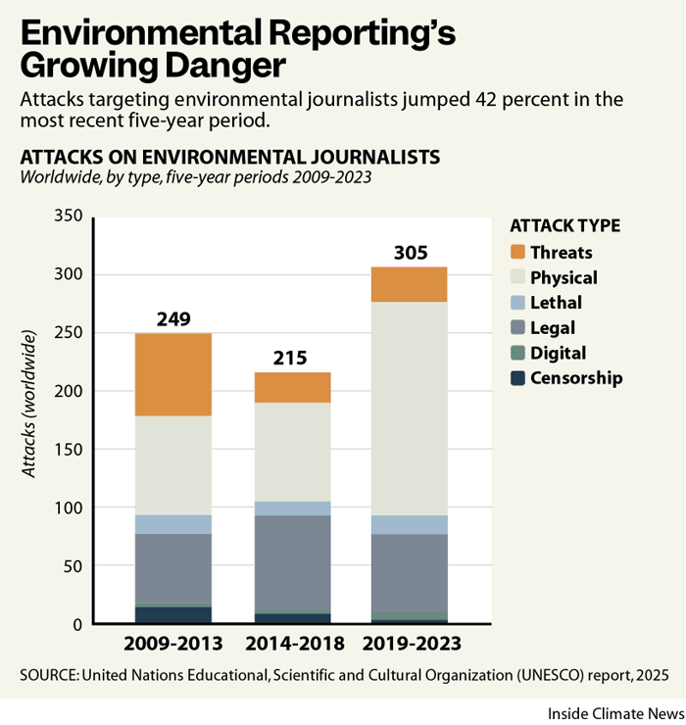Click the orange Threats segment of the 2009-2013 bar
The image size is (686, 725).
click(173, 374)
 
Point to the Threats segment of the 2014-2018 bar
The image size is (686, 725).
click(292, 387)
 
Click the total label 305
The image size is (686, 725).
click(410, 253)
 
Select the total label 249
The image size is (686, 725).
click(173, 319)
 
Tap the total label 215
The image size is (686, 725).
click(292, 358)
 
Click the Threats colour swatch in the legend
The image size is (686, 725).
click(518, 253)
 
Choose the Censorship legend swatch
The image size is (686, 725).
click(518, 378)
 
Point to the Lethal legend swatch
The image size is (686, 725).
click(518, 303)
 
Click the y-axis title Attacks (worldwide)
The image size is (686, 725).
click(30, 406)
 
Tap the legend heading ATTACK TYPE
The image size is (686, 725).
click(564, 225)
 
